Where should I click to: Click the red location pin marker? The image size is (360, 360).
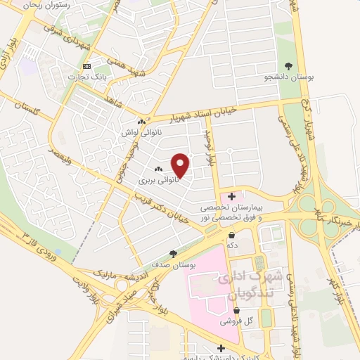tap(181, 165)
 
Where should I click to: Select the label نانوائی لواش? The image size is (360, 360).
tap(141, 131)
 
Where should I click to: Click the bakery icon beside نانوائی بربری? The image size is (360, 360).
tap(158, 169)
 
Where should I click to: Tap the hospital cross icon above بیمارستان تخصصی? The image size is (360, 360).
tap(232, 195)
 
